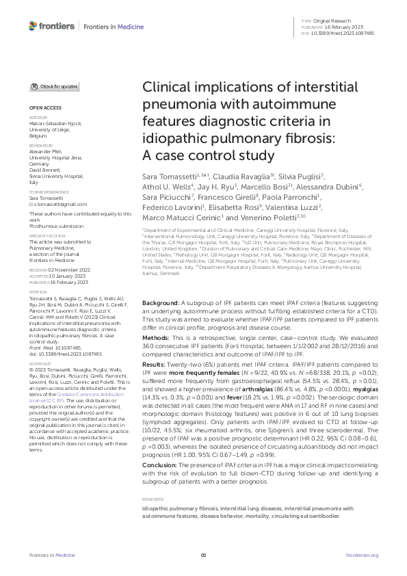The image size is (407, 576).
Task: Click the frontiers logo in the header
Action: coord(51,25)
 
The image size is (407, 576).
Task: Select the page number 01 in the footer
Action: coord(203,555)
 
